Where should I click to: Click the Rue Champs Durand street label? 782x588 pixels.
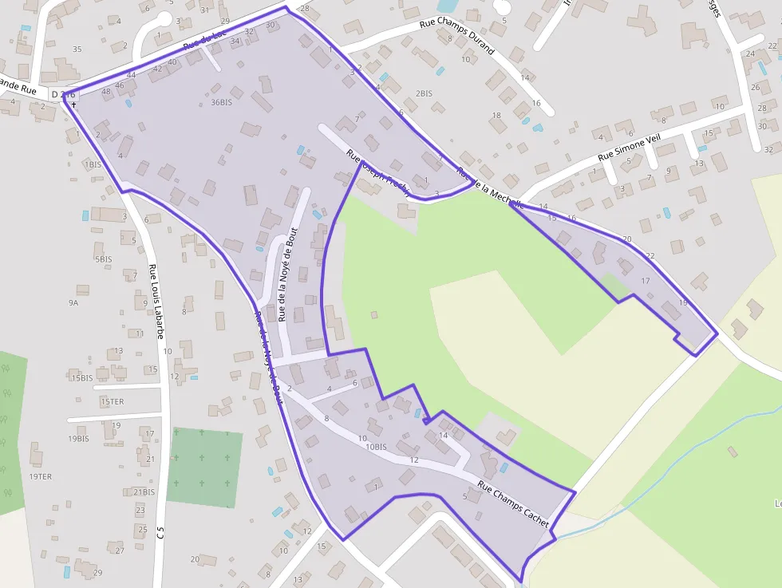click(x=457, y=37)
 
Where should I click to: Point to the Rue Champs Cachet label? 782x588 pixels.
click(x=514, y=503)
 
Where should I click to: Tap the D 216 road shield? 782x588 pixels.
click(x=63, y=94)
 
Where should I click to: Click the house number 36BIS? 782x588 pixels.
click(x=221, y=102)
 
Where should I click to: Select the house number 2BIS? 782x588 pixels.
click(x=424, y=93)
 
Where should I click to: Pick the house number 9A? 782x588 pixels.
click(x=73, y=303)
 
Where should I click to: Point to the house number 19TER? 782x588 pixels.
click(x=40, y=476)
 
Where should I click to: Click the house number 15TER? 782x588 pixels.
click(x=112, y=401)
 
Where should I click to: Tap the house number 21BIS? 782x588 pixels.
click(x=144, y=491)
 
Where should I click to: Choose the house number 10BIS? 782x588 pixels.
click(x=376, y=447)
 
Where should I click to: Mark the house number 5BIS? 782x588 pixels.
click(x=103, y=259)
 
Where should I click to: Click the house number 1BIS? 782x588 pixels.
click(x=93, y=164)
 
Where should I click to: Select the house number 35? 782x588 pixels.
click(x=77, y=49)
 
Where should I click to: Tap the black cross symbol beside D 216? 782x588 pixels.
click(x=73, y=104)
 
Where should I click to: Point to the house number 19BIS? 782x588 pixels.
click(x=78, y=439)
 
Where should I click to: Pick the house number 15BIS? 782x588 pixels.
click(x=81, y=378)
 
